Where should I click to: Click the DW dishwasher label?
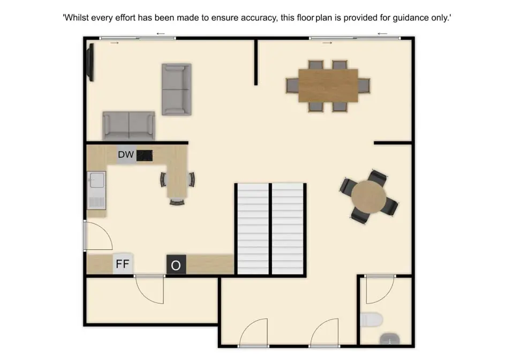[x=126, y=154]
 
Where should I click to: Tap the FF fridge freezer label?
[x=123, y=264]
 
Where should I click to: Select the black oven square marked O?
[x=176, y=264]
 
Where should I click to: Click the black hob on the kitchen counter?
[x=145, y=155]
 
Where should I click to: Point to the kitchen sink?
[x=97, y=190]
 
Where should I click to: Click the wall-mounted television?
[x=90, y=62]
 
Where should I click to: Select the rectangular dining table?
[x=328, y=86]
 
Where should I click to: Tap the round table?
[x=369, y=197]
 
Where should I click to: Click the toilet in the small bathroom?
[x=372, y=320]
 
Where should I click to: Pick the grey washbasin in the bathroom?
[x=390, y=339]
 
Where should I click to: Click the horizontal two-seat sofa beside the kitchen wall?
[x=129, y=126]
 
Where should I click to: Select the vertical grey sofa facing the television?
[x=177, y=90]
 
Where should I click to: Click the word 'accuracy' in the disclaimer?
[x=259, y=18]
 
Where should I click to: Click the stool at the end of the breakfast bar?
[x=177, y=202]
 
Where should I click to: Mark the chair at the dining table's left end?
[x=292, y=86]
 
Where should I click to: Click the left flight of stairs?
[x=253, y=229]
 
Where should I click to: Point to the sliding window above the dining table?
[x=354, y=39]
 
